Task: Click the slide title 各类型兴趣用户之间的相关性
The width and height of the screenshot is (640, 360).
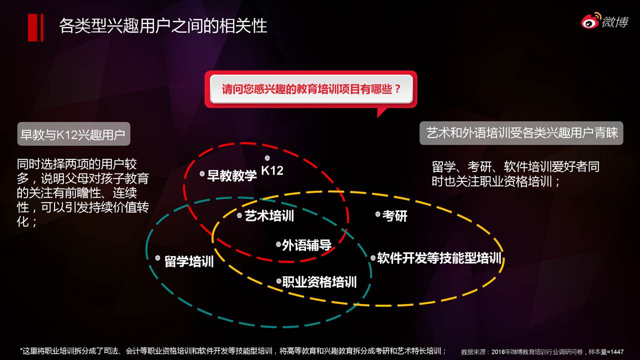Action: [163, 25]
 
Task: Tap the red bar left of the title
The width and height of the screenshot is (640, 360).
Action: [35, 27]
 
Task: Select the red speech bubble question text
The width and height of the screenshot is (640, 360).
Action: [311, 89]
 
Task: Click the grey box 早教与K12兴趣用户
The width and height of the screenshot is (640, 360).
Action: [73, 134]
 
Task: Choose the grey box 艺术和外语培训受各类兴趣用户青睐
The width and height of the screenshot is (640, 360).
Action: [521, 133]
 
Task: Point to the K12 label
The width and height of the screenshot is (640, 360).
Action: [272, 170]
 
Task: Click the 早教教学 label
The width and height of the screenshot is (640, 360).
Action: [231, 175]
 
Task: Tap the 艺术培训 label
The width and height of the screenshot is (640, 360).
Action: [269, 215]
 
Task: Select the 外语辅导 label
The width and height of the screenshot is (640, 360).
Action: [306, 245]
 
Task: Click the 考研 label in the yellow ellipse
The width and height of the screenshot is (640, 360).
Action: [394, 215]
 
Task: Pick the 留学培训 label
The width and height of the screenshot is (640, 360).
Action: [189, 261]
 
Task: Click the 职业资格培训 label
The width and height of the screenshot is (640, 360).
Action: [319, 282]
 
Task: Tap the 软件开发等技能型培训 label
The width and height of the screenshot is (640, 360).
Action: [439, 258]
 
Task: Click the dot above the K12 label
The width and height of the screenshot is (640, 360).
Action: [267, 158]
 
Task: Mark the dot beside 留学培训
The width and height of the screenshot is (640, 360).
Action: [157, 258]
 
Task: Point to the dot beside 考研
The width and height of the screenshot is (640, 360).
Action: [377, 214]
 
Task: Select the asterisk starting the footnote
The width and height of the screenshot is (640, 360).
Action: [21, 349]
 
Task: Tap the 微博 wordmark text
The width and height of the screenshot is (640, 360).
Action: [615, 21]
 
